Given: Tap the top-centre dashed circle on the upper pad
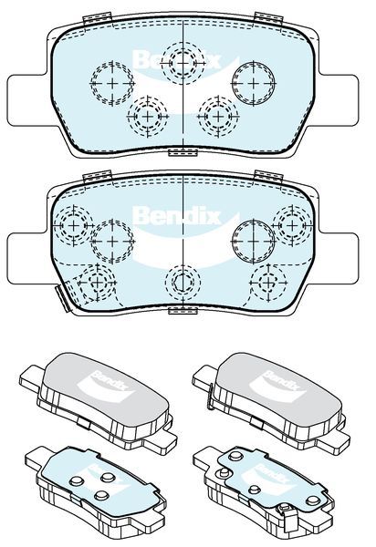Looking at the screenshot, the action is click(183, 63).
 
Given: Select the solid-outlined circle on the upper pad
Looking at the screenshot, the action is click(254, 83).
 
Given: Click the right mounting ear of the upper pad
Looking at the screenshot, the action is click(339, 99).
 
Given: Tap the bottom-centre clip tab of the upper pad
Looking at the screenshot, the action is click(183, 152).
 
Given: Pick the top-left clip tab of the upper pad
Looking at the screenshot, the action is click(97, 18).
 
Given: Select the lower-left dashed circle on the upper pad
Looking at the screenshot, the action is click(148, 116).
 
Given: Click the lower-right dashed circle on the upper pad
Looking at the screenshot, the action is click(218, 116).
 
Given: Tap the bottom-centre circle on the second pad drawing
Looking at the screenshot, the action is click(183, 282).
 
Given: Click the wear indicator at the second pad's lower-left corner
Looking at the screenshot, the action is click(63, 297).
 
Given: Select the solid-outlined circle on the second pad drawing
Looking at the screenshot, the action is click(254, 241).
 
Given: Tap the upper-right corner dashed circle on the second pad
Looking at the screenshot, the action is click(293, 225).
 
